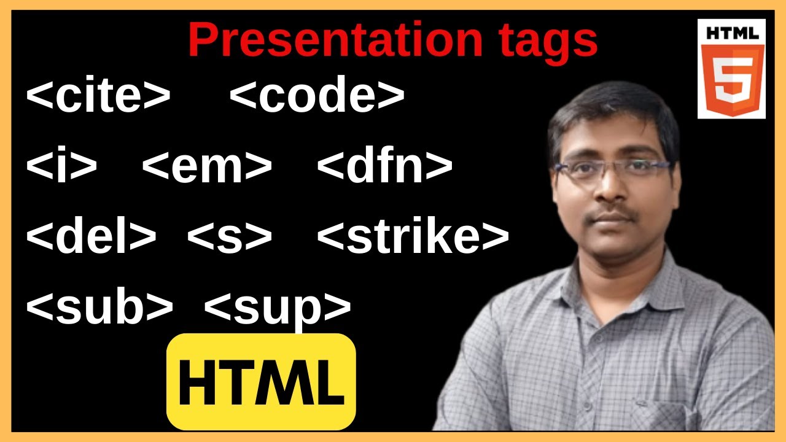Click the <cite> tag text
(x=98, y=97)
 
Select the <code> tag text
(x=317, y=97)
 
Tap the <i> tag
(x=61, y=166)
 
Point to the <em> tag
(x=207, y=166)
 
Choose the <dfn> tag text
(x=384, y=166)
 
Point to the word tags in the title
(x=544, y=41)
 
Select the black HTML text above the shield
(x=731, y=33)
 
